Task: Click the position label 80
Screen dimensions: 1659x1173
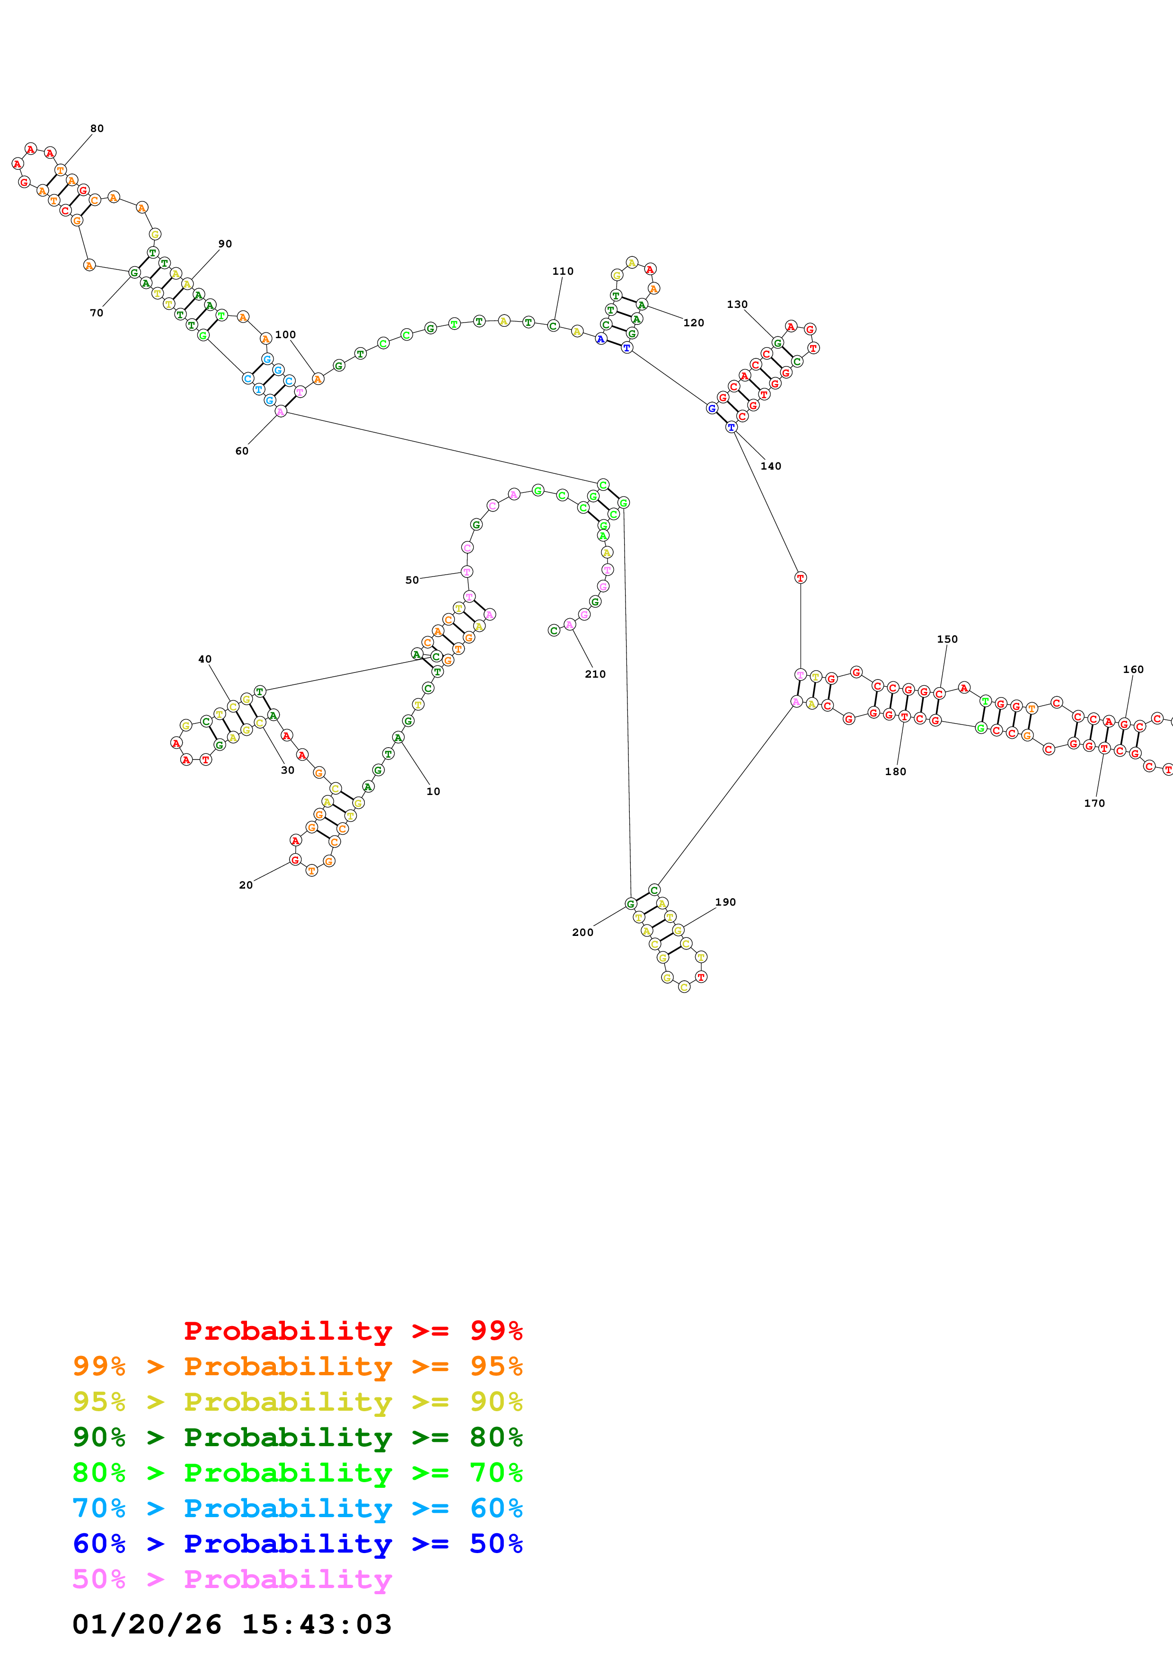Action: click(97, 129)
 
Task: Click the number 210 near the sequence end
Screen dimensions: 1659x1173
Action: click(595, 674)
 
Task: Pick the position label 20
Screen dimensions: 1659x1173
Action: click(246, 885)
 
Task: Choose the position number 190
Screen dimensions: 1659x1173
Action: click(725, 902)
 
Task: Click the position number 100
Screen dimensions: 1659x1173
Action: click(285, 334)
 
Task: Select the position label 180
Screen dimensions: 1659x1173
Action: click(895, 772)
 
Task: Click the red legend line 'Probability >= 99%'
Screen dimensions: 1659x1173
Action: click(353, 1331)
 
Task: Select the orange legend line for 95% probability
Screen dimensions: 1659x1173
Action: click(297, 1366)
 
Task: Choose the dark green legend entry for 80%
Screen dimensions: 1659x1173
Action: click(297, 1437)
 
